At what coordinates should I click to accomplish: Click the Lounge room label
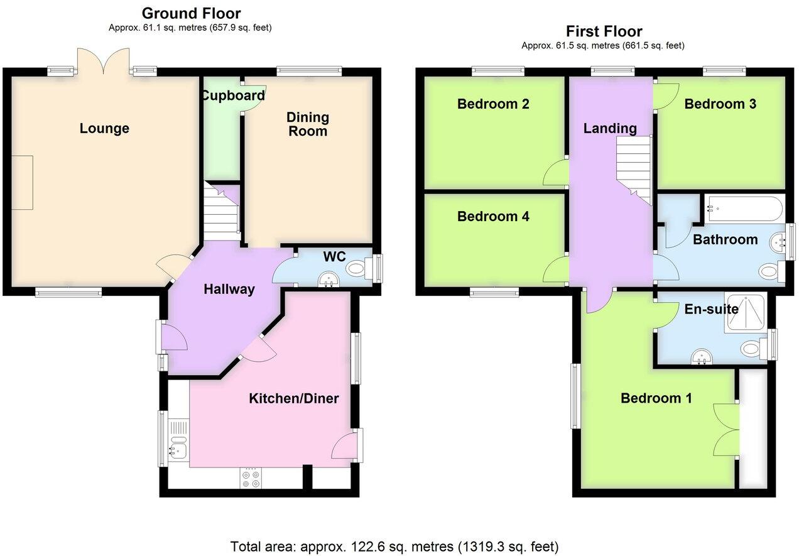[104, 129]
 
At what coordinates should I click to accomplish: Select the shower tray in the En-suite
[745, 312]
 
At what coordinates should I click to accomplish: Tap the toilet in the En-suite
[752, 348]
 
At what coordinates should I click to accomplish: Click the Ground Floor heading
[191, 13]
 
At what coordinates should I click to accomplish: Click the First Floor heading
[604, 31]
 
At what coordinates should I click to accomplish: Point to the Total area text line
[394, 546]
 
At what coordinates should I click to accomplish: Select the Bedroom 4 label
[493, 217]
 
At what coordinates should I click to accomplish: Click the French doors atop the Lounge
[104, 62]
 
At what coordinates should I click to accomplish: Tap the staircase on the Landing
[633, 168]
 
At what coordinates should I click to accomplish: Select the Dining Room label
[307, 124]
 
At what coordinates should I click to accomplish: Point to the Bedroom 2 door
[555, 172]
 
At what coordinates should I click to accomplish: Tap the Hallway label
[229, 290]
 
